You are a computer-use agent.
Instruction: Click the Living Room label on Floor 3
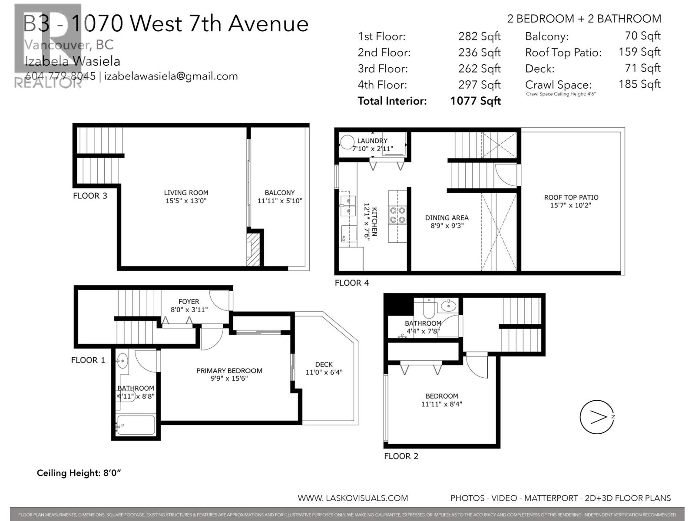click(186, 193)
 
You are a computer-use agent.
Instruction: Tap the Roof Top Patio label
click(571, 198)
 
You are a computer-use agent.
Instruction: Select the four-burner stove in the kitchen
click(397, 215)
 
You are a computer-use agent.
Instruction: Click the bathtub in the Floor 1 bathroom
click(136, 425)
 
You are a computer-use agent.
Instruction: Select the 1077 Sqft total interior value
click(475, 101)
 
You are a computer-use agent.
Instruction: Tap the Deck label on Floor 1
click(324, 364)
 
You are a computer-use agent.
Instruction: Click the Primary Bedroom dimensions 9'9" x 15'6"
click(229, 379)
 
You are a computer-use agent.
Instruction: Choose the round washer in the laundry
click(347, 142)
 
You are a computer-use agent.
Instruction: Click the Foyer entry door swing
click(220, 300)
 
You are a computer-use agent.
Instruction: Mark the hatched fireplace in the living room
click(253, 250)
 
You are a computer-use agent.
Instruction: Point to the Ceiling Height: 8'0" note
click(79, 473)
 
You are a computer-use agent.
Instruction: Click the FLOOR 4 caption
click(352, 283)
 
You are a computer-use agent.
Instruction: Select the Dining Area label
click(447, 218)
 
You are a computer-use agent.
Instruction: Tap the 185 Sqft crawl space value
click(639, 84)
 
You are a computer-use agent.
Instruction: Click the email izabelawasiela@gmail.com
click(171, 76)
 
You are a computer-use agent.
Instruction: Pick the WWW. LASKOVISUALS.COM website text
click(353, 498)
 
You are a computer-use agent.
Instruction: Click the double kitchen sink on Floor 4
click(347, 206)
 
